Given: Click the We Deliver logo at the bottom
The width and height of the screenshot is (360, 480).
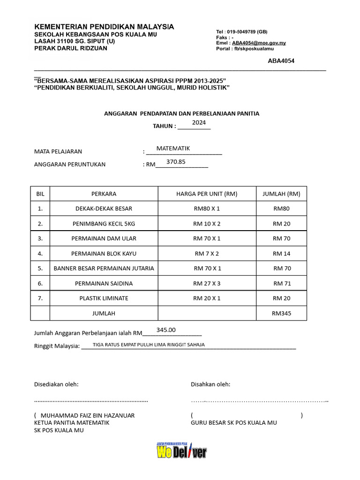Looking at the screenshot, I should (x=181, y=451).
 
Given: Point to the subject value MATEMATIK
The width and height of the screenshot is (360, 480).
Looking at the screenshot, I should (x=173, y=148).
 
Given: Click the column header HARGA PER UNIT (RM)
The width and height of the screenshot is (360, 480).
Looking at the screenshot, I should (x=207, y=194).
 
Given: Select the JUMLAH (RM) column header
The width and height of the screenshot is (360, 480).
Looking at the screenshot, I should (x=281, y=194).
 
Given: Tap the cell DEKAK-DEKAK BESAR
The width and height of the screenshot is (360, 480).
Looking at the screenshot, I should (x=104, y=209).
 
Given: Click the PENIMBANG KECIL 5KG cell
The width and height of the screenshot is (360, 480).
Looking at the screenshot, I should (x=104, y=224).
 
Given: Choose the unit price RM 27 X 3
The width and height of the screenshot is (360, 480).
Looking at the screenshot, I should (x=207, y=284).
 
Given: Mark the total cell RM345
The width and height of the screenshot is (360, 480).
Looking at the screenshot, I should (x=281, y=313).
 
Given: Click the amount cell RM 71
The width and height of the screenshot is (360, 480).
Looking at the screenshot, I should (x=281, y=284).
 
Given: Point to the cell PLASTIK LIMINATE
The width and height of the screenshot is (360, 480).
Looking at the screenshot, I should (x=104, y=298).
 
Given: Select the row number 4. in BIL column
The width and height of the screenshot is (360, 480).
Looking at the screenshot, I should (x=40, y=254).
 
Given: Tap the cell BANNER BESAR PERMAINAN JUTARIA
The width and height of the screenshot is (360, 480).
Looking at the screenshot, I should (x=104, y=269).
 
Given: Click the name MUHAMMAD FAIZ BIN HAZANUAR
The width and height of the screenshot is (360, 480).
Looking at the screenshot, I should (x=88, y=415).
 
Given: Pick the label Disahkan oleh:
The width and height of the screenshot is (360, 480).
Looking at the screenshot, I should (x=210, y=384).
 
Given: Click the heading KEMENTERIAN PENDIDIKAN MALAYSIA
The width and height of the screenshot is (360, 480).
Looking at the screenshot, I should (x=104, y=27).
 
